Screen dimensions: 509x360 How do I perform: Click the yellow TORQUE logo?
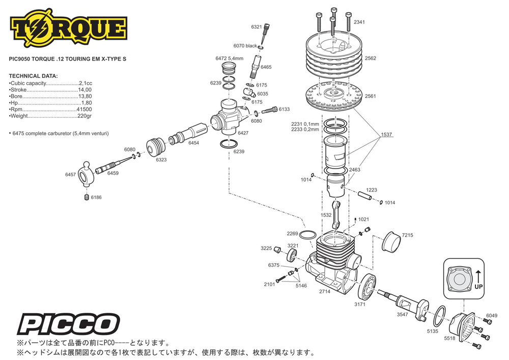(69, 28)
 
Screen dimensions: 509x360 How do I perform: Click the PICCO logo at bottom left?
(69, 324)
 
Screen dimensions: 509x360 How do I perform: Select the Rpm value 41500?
(84, 109)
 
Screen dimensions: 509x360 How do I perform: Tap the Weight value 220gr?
(84, 116)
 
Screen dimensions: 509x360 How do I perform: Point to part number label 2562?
(371, 59)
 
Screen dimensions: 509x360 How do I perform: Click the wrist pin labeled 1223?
(364, 196)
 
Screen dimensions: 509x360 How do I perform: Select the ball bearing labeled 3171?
(367, 287)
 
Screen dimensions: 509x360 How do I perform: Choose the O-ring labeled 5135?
(440, 317)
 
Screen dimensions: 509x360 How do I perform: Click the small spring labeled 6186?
(87, 197)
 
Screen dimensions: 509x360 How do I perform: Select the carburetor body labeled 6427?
(229, 118)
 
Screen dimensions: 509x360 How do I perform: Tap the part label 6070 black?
(245, 46)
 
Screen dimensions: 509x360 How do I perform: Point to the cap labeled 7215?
(391, 242)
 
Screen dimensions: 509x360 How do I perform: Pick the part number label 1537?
(386, 134)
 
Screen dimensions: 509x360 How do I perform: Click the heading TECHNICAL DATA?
(34, 76)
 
